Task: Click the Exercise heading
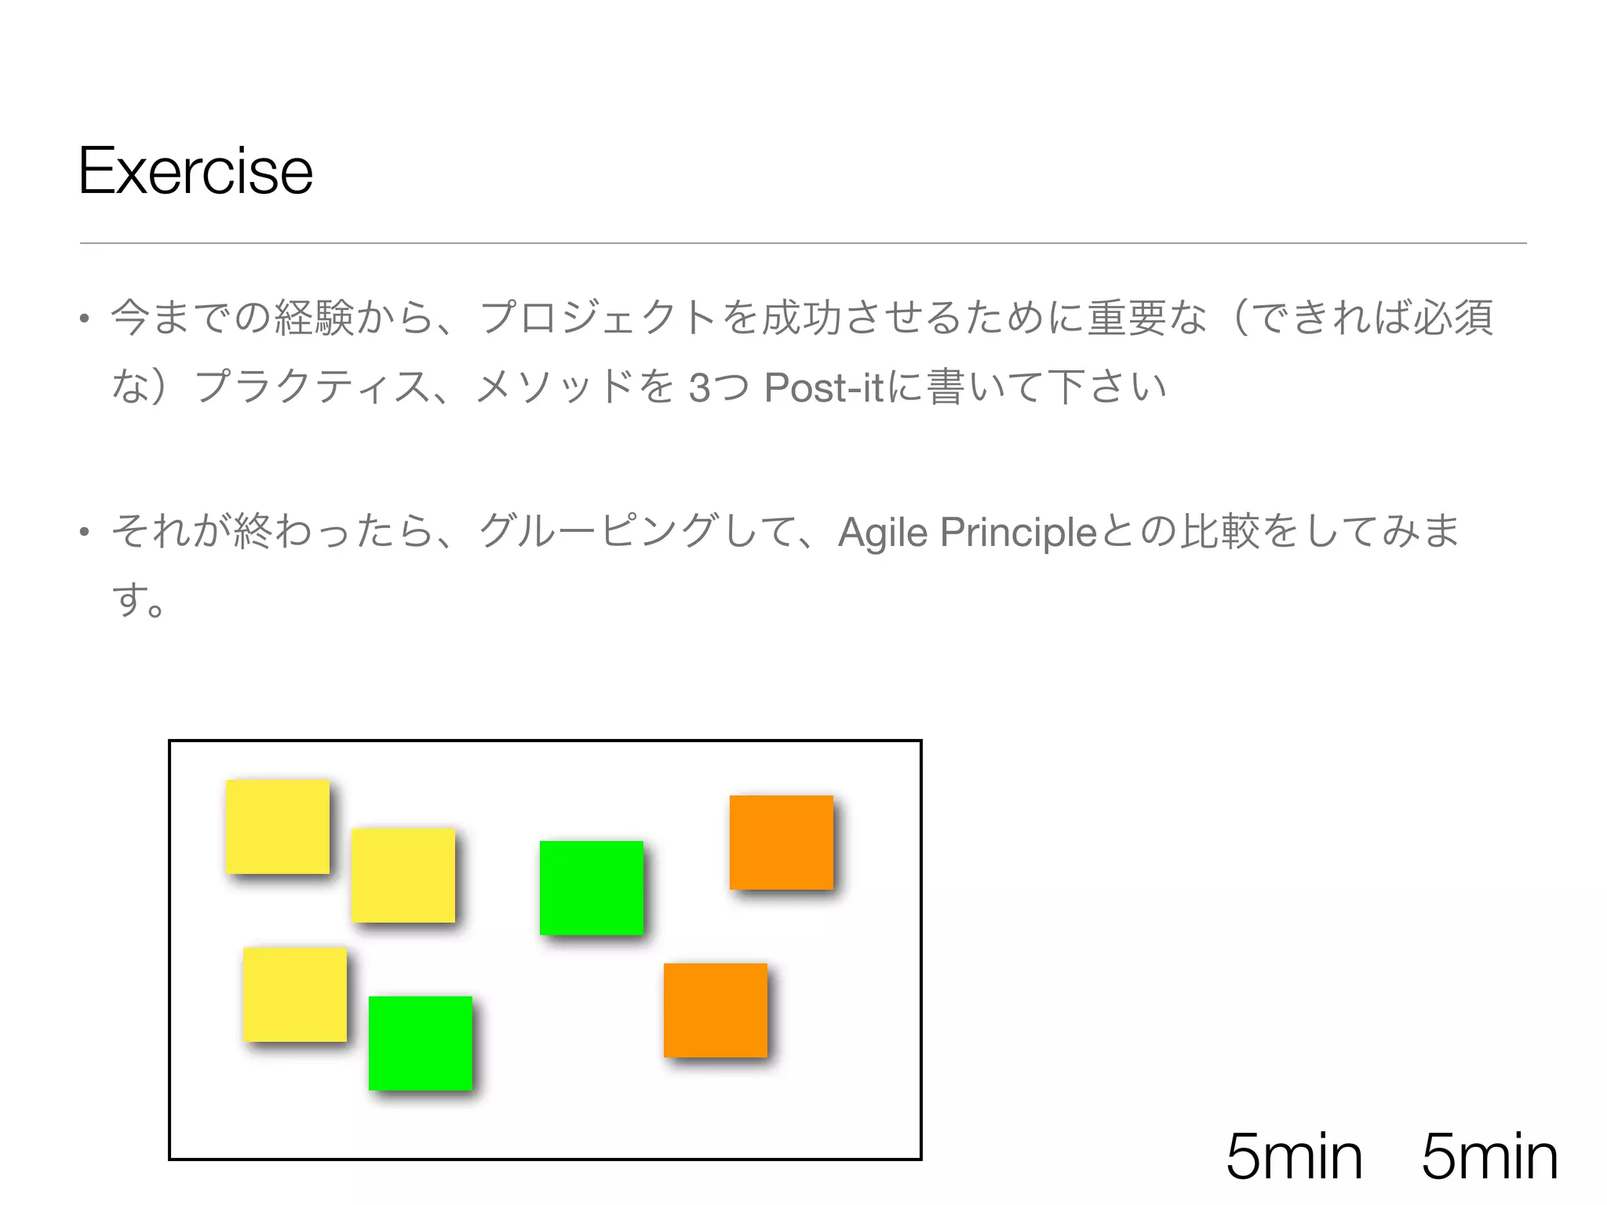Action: pyautogui.click(x=195, y=171)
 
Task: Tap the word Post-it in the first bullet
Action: pyautogui.click(x=823, y=388)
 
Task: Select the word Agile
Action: pyautogui.click(x=883, y=533)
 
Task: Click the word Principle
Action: pyautogui.click(x=1018, y=533)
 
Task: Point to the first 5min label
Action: pyautogui.click(x=1294, y=1156)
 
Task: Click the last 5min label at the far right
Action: pyautogui.click(x=1489, y=1156)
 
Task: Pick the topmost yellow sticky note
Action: pyautogui.click(x=277, y=826)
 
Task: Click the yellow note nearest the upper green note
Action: pyautogui.click(x=403, y=875)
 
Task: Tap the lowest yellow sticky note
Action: pyautogui.click(x=294, y=994)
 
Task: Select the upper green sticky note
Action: pyautogui.click(x=591, y=887)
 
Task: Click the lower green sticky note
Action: pyautogui.click(x=420, y=1043)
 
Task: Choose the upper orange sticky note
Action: pyautogui.click(x=781, y=842)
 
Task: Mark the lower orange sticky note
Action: pyautogui.click(x=715, y=1010)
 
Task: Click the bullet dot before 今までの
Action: pyautogui.click(x=84, y=319)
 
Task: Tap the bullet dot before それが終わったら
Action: pyautogui.click(x=84, y=533)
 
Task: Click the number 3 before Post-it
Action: pyautogui.click(x=699, y=388)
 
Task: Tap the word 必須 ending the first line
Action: pyautogui.click(x=1453, y=319)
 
